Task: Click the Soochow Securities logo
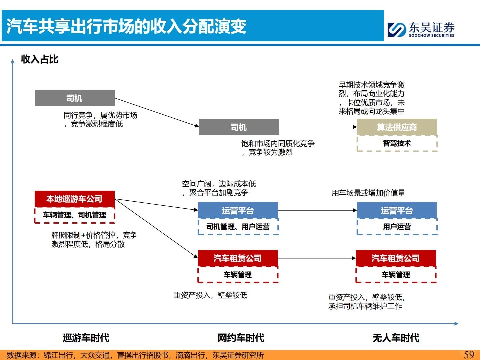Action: [421, 29]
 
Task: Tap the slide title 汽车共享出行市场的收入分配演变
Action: [126, 26]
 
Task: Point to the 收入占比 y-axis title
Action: [40, 59]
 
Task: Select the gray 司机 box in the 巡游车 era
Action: [74, 98]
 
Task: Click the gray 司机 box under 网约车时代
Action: [239, 127]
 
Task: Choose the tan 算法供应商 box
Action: [397, 127]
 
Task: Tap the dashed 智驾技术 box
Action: [397, 143]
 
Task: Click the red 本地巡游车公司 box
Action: [74, 199]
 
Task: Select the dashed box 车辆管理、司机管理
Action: [74, 215]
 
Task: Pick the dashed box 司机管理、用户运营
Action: [238, 227]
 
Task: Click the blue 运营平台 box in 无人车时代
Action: [397, 210]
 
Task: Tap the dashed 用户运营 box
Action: [397, 227]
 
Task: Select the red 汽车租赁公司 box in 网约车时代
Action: [238, 258]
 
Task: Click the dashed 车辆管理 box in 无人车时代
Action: [396, 275]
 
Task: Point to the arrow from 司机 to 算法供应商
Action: [318, 127]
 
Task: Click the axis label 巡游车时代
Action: [86, 338]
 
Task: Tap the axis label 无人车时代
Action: [396, 338]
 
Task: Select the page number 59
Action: [469, 355]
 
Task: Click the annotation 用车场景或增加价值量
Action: [368, 193]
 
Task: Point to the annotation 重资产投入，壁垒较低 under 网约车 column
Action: [210, 295]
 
